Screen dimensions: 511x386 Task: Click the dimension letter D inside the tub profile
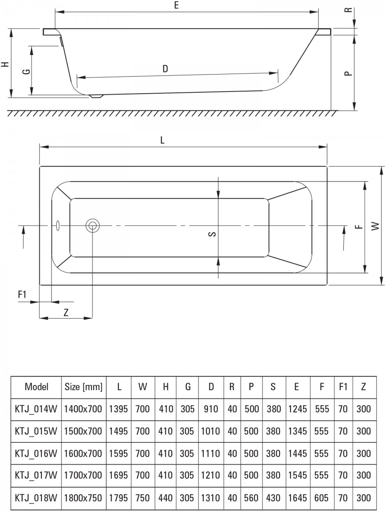[165, 69]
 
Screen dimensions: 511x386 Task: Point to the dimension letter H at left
[5, 64]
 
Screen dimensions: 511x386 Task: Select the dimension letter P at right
[349, 73]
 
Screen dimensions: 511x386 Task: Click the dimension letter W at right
[375, 226]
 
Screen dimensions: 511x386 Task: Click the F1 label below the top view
[23, 294]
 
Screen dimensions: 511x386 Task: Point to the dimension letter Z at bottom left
[66, 312]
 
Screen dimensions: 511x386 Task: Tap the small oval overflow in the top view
[58, 225]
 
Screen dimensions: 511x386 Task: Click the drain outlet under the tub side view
[97, 96]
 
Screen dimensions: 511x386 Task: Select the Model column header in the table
[37, 387]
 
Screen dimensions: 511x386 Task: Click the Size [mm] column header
[84, 387]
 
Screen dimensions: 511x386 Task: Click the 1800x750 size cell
[84, 497]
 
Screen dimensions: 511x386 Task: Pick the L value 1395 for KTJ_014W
[119, 409]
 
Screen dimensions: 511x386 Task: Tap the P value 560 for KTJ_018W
[251, 497]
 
